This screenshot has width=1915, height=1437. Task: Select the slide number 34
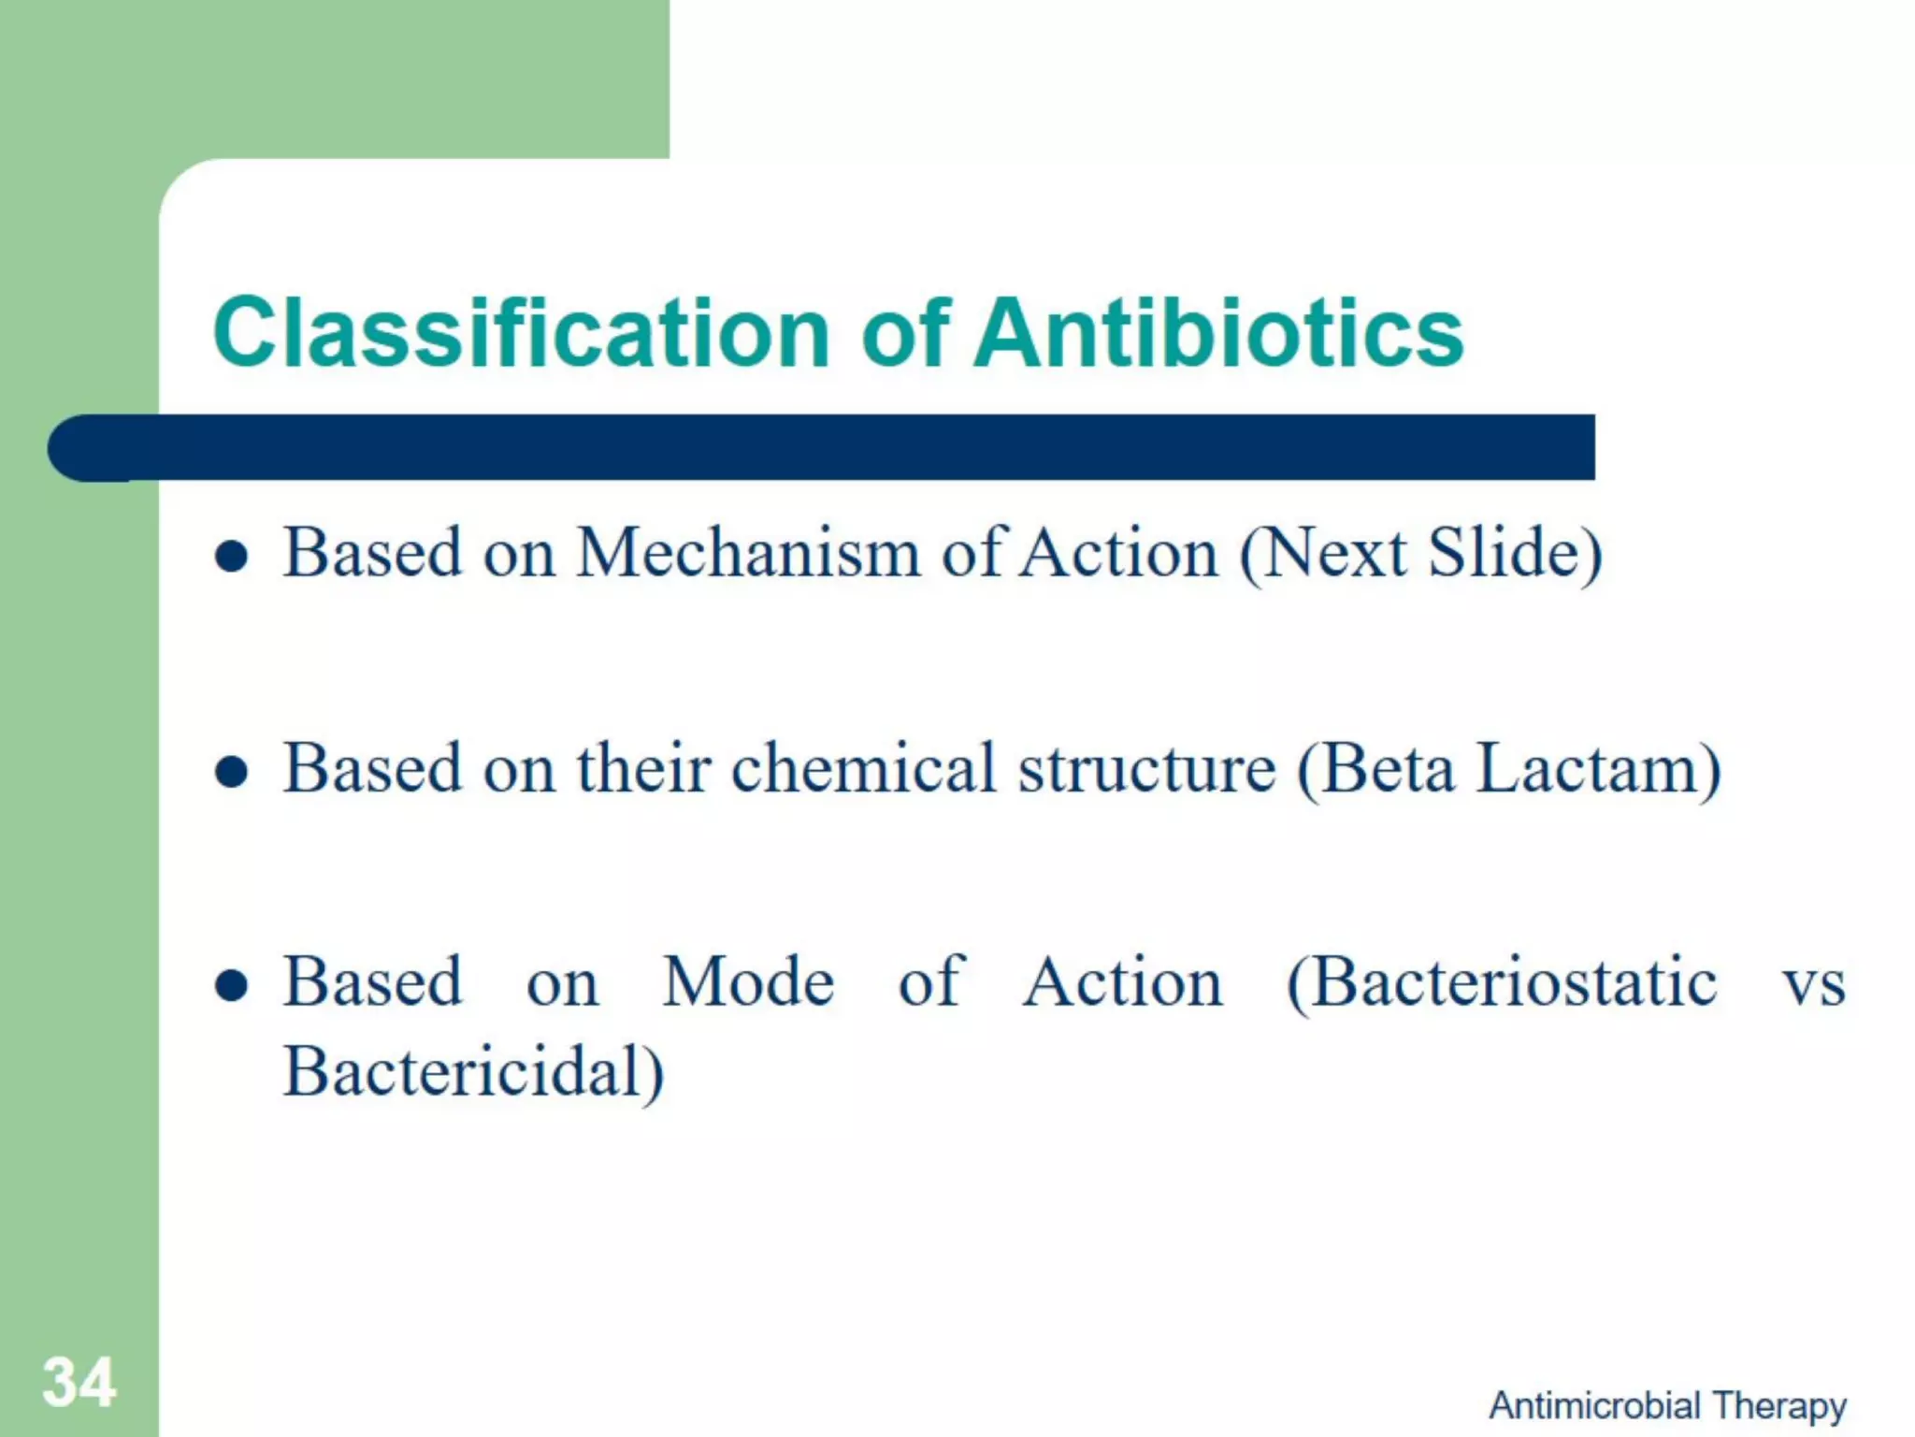(79, 1383)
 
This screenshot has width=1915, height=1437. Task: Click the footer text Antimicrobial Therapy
(1667, 1405)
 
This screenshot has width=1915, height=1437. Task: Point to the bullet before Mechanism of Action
(231, 558)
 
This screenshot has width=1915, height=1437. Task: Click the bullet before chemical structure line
(231, 773)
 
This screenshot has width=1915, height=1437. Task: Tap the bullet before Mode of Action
(231, 986)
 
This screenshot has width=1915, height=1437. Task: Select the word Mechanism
(749, 554)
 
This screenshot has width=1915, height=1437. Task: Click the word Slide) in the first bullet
(1515, 554)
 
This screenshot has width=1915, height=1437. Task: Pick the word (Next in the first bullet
(1322, 554)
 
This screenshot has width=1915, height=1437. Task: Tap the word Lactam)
(1598, 769)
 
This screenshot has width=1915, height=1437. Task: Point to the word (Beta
(1375, 769)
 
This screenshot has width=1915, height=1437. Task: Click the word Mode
(748, 982)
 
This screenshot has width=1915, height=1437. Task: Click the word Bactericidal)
(473, 1072)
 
